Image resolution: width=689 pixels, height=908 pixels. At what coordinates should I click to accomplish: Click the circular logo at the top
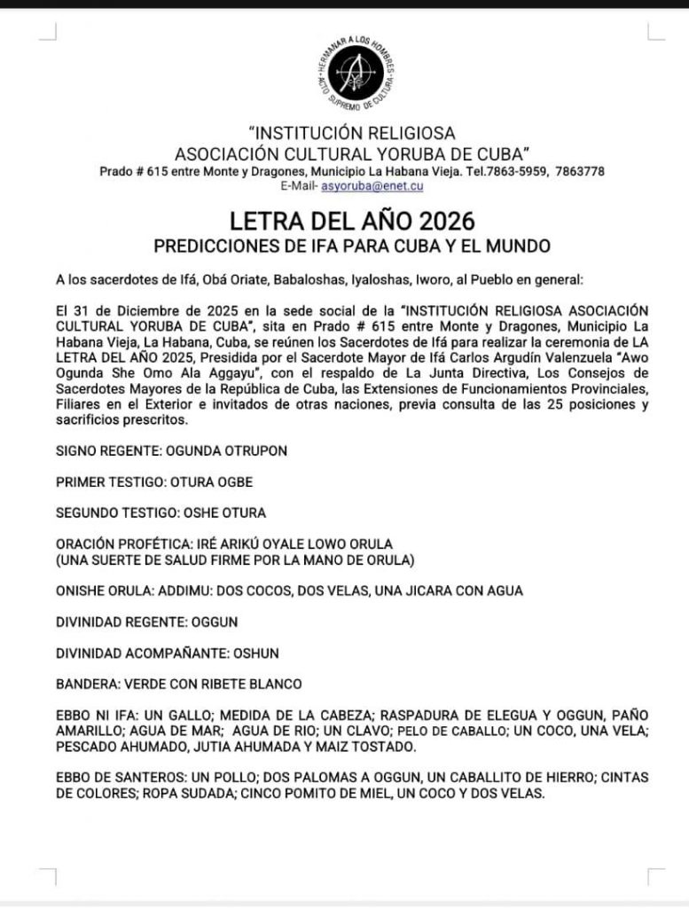pos(355,69)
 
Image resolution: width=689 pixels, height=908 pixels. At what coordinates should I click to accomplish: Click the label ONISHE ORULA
pos(99,591)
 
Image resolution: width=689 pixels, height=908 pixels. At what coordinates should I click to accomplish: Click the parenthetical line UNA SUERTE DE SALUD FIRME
pos(235,560)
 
